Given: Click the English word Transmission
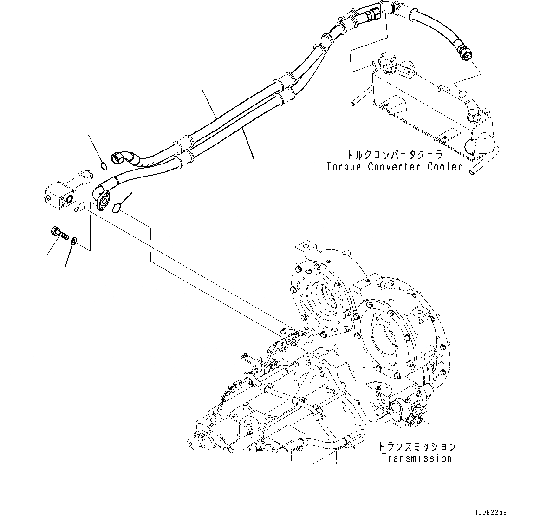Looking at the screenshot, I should [416, 458].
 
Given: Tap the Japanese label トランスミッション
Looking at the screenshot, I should [416, 446].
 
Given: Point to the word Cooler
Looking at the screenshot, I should [445, 167].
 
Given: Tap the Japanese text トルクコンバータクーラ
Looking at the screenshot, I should [394, 155].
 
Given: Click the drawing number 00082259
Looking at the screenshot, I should [490, 513].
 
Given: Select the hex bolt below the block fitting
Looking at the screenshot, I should [57, 232].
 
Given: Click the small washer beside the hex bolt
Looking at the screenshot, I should [74, 241].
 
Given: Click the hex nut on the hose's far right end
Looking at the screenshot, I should [465, 50].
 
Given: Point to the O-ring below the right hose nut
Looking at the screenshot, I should [462, 93].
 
